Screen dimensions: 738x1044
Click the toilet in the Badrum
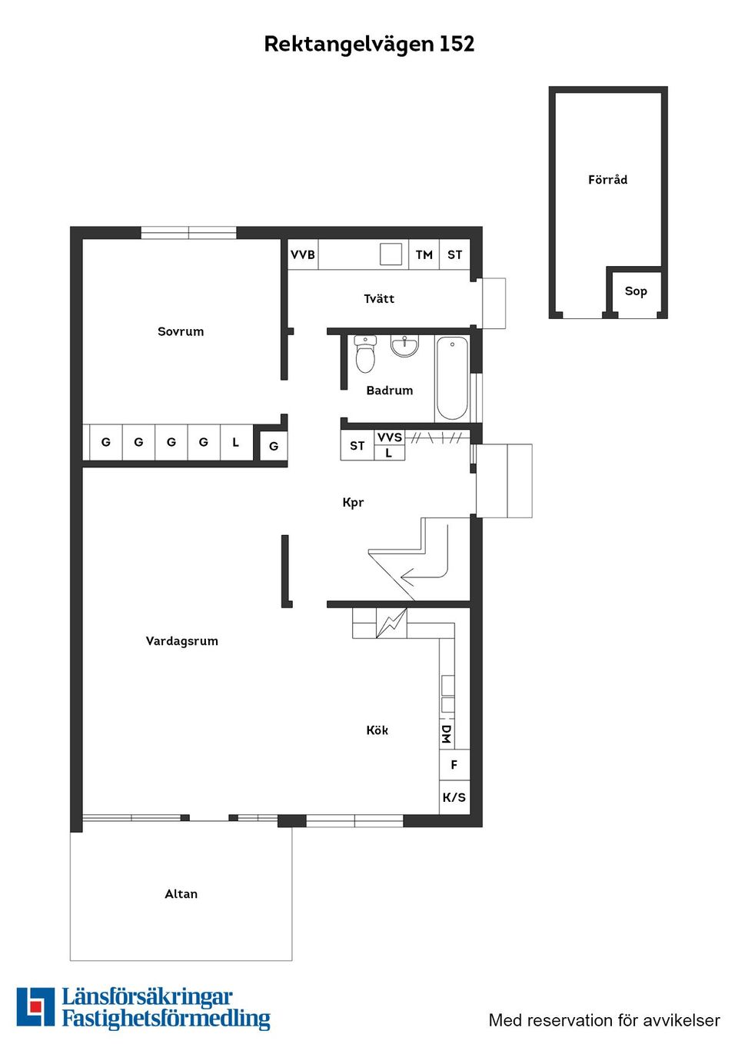(x=365, y=354)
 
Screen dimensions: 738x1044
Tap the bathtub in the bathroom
(x=452, y=378)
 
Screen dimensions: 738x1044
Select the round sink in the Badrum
(x=405, y=346)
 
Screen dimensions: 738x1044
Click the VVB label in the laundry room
(x=303, y=254)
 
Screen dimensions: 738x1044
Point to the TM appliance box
(x=424, y=254)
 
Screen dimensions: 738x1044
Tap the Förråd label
(x=607, y=179)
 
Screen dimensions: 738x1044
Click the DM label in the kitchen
(x=447, y=734)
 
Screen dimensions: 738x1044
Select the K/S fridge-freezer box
(x=454, y=797)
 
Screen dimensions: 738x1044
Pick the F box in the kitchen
(x=454, y=765)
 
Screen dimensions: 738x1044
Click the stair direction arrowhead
(x=407, y=578)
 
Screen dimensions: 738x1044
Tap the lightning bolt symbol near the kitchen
(x=391, y=623)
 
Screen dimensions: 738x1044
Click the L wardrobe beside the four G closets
(x=236, y=442)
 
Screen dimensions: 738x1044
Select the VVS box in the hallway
(x=390, y=437)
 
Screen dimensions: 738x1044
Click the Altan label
(x=181, y=893)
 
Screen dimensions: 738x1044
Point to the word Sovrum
(x=181, y=331)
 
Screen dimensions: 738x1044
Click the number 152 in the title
(x=457, y=44)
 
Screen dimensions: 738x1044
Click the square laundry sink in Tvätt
(x=391, y=254)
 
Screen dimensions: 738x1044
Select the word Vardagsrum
(x=181, y=641)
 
